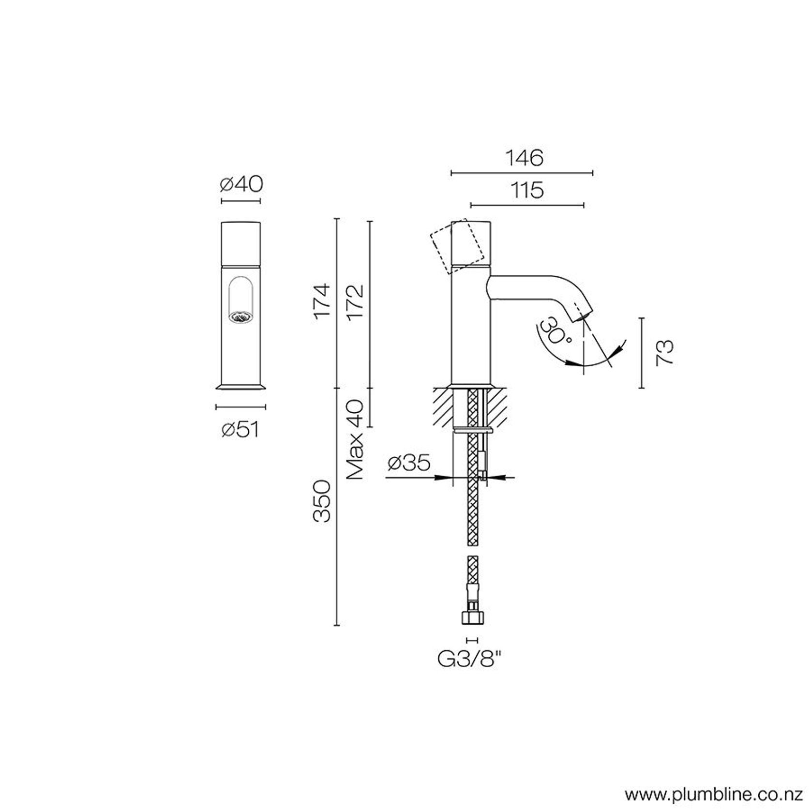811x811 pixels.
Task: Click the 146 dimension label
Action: (524, 158)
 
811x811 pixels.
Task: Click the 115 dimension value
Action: (527, 190)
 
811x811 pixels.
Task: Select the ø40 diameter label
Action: (241, 184)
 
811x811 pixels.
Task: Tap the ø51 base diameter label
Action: (240, 429)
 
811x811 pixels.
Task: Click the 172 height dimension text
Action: (355, 300)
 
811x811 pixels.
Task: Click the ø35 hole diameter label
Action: (409, 463)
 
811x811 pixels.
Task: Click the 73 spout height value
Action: (664, 352)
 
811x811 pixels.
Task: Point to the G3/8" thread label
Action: (467, 659)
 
